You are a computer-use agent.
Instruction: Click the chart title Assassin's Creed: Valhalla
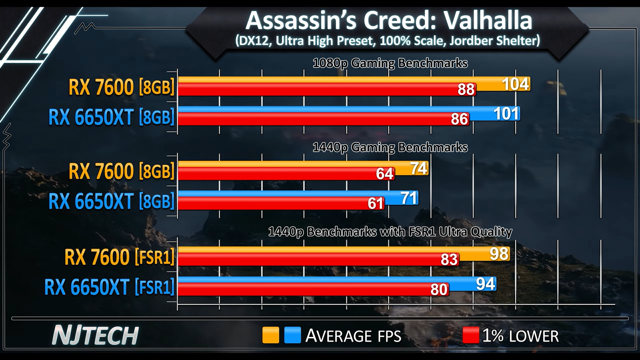pos(388,21)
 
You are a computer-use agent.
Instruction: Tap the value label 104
pos(516,84)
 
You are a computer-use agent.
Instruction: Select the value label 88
pos(466,90)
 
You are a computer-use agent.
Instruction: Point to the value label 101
pos(506,114)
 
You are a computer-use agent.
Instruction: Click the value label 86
pos(459,119)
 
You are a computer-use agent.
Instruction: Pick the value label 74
pos(418,168)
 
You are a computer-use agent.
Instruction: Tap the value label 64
pos(384,174)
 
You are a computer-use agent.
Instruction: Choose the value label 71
pos(409,198)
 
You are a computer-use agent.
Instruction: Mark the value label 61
pos(376,204)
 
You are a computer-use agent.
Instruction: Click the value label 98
pos(499,254)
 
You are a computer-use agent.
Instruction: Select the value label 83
pos(449,260)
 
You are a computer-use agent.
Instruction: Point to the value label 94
pos(486,284)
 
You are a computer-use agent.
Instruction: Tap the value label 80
pos(439,290)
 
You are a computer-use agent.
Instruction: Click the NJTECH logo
pos(95,335)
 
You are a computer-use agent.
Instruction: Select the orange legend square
pos(270,335)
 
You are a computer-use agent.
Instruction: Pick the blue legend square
pos(292,335)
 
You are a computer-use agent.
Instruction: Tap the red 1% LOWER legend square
pos(470,335)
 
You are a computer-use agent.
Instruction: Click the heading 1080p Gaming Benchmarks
pos(390,63)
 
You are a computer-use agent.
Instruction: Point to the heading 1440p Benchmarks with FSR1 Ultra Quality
pos(390,232)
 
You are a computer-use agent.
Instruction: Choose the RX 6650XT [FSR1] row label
pos(109,287)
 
